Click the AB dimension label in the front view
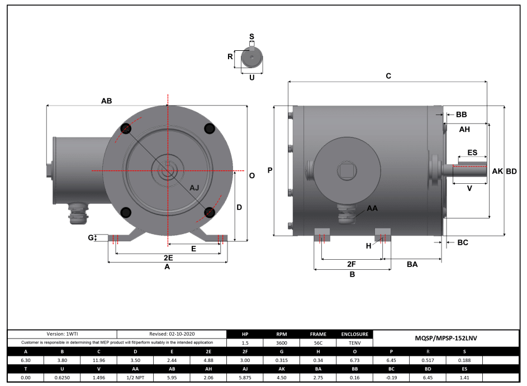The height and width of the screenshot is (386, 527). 106,101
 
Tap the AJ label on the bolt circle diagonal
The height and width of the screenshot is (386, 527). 194,188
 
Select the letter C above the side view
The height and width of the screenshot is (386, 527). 388,76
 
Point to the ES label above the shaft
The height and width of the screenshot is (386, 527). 472,153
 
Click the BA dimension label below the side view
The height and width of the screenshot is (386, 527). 412,264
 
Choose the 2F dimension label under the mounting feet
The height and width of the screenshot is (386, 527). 352,264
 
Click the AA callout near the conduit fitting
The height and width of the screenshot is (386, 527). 372,208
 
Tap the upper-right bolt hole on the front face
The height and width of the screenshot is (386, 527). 210,129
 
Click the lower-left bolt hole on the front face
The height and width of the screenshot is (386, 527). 126,212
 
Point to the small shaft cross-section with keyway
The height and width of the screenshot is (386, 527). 251,58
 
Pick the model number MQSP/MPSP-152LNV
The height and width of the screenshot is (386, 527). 446,338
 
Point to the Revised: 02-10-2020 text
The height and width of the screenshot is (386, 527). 172,333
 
